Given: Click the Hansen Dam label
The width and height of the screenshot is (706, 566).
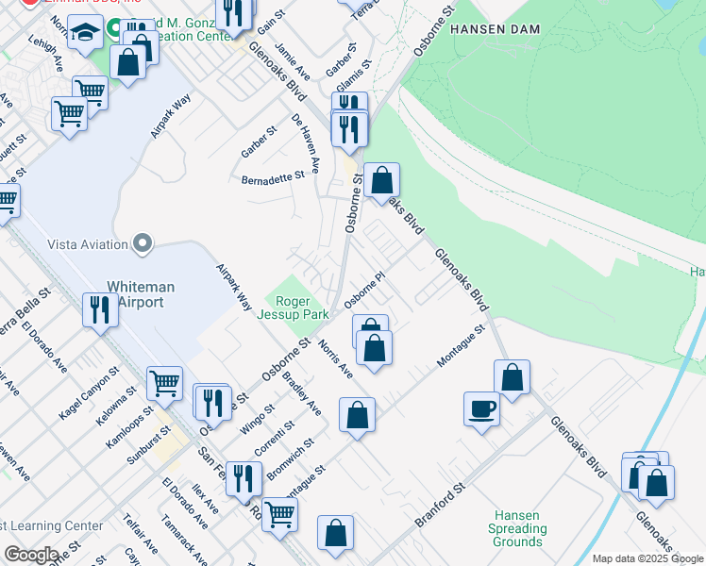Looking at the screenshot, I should [495, 29].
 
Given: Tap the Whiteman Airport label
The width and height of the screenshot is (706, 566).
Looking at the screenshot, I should [135, 294].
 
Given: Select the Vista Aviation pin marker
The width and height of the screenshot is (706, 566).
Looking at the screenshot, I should [143, 244].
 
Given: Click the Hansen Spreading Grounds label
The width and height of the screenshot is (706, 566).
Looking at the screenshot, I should [517, 529].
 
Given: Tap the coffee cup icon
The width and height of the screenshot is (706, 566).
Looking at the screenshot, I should [481, 408].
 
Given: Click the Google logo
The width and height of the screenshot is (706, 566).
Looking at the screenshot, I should [30, 555].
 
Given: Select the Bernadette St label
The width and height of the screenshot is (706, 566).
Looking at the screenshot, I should [274, 176].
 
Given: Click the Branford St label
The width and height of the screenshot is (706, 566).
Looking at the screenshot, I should [441, 508].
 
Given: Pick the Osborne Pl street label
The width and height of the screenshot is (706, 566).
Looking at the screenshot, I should [365, 291].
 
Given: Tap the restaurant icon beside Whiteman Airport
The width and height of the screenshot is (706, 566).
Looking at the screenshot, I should [98, 308].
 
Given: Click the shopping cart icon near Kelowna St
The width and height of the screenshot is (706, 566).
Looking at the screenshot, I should [164, 383].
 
